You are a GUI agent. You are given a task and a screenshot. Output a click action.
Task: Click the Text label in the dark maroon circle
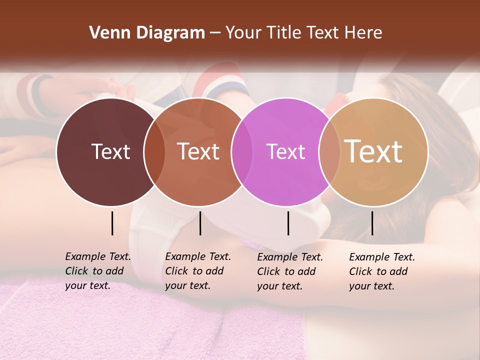point(110,151)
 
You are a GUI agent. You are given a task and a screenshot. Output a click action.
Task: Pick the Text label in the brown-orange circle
point(198,151)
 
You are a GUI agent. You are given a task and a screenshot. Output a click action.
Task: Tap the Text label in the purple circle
point(285,151)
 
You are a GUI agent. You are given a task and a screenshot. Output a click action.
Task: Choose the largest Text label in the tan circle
point(373,151)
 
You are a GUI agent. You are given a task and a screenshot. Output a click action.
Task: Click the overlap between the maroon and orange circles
point(154,152)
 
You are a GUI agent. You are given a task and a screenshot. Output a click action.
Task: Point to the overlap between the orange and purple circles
point(242,152)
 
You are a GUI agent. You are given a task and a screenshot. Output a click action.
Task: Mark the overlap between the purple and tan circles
point(329,152)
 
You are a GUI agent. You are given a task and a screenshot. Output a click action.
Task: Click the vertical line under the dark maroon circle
point(112,223)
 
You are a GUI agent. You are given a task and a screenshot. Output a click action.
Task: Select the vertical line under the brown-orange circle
point(200,223)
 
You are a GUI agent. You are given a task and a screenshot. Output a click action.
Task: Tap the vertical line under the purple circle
point(288,223)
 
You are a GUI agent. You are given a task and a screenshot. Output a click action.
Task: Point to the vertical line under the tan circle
point(372,223)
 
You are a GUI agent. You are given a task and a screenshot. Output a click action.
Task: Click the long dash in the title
point(215,33)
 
